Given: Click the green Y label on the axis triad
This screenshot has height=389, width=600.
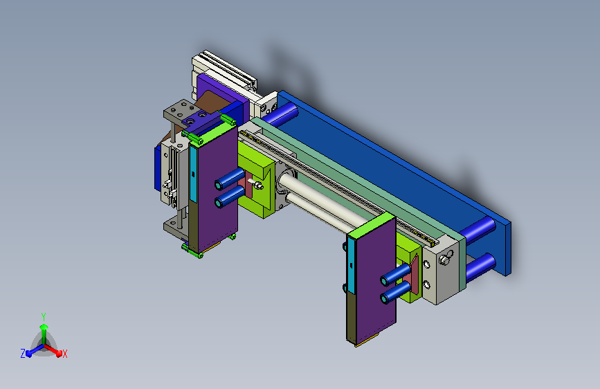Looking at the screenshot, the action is (x=44, y=317).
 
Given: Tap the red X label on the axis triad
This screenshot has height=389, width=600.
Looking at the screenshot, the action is (x=64, y=354).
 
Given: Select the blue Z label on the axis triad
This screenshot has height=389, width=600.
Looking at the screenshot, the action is (x=23, y=354).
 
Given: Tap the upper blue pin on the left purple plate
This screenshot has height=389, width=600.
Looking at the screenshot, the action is (x=230, y=179).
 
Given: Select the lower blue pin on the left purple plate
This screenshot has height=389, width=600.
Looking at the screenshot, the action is (x=230, y=197).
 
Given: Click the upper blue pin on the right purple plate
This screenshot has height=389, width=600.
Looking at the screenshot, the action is (x=396, y=275).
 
